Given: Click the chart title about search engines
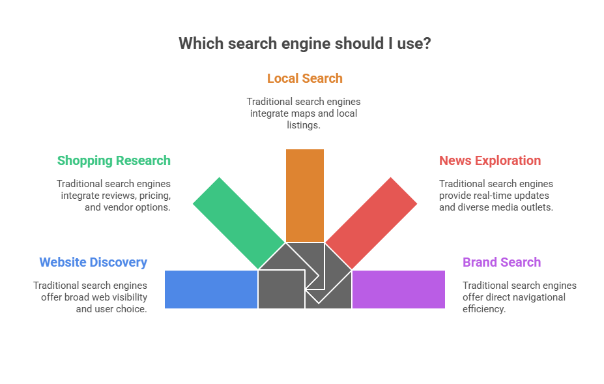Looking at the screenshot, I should point(304,44).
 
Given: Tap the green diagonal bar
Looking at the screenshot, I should point(238,223).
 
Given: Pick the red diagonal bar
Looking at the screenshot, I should point(371,223).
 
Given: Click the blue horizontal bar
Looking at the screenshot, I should point(211,289).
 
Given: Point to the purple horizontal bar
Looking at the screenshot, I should point(398,289).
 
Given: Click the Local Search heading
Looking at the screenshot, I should point(304,78).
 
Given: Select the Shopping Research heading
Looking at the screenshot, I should point(113,160).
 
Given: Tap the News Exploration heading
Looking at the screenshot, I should point(490,160).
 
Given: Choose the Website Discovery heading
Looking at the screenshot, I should point(93,262).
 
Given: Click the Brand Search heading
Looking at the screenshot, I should point(502,262).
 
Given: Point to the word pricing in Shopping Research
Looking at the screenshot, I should point(154,196).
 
